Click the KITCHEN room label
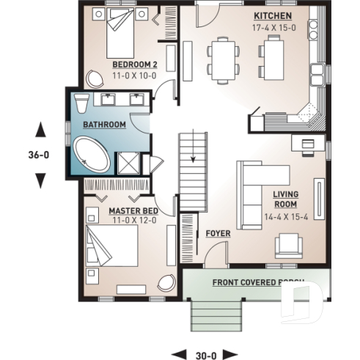coord(273,15)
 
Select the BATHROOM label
coord(103,125)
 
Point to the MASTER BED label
coord(131,210)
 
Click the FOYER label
coord(218,234)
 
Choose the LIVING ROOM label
coord(285,199)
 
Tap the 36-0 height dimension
coord(41,155)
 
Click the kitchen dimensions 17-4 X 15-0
coord(273,26)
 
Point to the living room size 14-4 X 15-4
coord(285,218)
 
